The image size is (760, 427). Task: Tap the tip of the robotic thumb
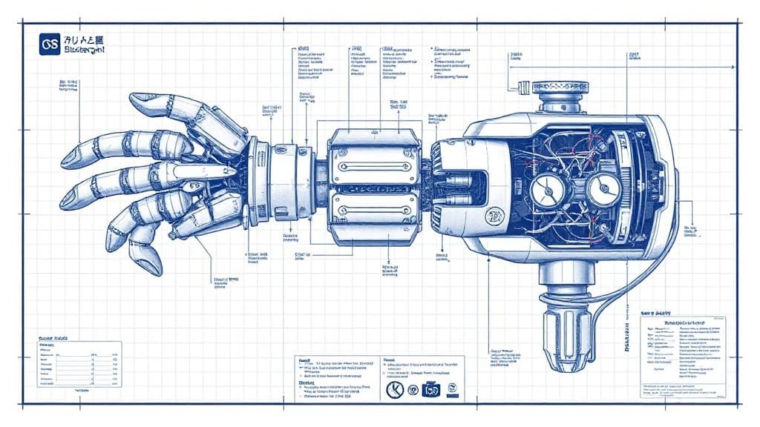pos(134,99)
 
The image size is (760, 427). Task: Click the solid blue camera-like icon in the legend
pos(431,388)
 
